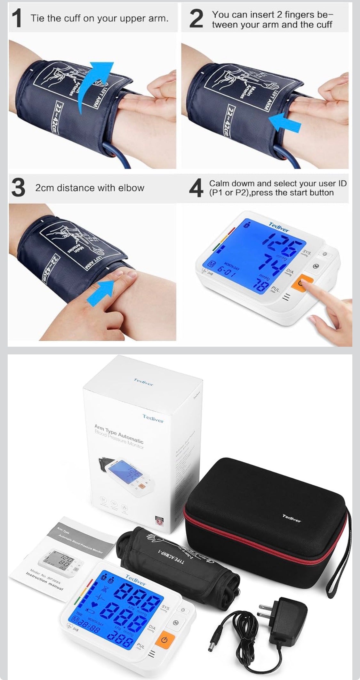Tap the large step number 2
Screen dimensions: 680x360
coord(196,19)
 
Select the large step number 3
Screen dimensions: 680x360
coord(18,188)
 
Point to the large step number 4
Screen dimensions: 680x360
coord(196,188)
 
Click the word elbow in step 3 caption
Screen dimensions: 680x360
coord(132,188)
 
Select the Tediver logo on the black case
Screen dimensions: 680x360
coord(292,517)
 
